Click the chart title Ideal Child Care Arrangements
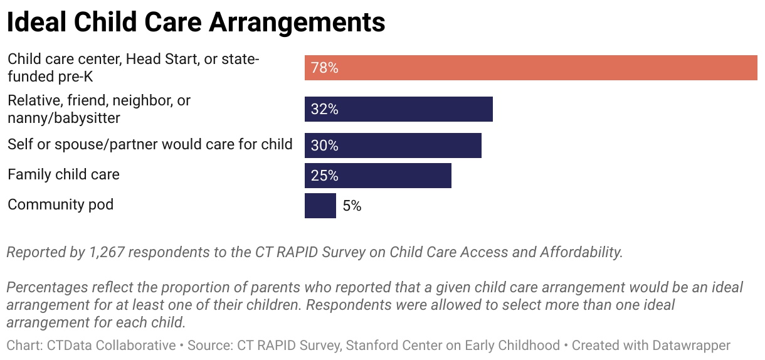click(x=196, y=23)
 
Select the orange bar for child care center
click(x=530, y=68)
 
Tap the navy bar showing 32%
click(x=398, y=109)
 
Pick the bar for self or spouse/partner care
click(x=393, y=146)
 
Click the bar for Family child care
click(x=377, y=176)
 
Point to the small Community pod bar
click(x=320, y=206)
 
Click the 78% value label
click(x=324, y=68)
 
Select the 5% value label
click(x=352, y=206)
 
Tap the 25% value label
click(x=324, y=176)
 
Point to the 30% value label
click(x=324, y=146)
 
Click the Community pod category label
click(x=60, y=204)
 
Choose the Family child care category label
click(x=63, y=174)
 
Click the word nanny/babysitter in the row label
click(x=64, y=117)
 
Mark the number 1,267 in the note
click(x=105, y=252)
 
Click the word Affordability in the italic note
click(x=581, y=252)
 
